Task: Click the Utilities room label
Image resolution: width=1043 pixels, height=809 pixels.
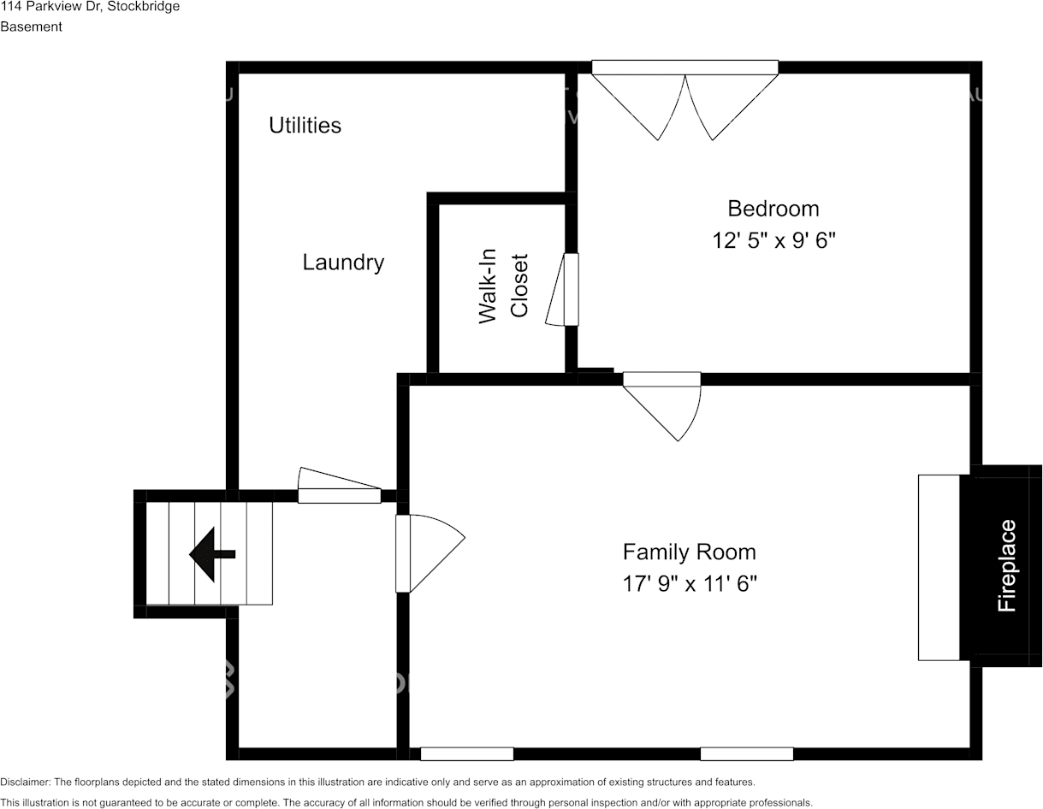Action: pyautogui.click(x=305, y=126)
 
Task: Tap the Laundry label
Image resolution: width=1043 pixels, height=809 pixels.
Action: pyautogui.click(x=343, y=263)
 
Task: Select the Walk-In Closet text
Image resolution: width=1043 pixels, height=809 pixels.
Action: pyautogui.click(x=503, y=286)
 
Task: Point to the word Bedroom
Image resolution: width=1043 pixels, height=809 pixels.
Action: pyautogui.click(x=773, y=209)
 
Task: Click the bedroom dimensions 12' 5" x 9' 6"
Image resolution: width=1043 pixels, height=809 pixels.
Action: pyautogui.click(x=773, y=240)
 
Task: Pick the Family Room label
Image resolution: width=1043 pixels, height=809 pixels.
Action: pyautogui.click(x=690, y=552)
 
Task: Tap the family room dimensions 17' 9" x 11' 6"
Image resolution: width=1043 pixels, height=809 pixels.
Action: pyautogui.click(x=690, y=584)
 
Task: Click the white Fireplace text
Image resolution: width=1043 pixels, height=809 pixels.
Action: pyautogui.click(x=1006, y=566)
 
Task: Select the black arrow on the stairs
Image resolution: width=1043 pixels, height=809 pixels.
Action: pyautogui.click(x=212, y=554)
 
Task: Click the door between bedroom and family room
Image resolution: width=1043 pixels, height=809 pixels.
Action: pyautogui.click(x=662, y=405)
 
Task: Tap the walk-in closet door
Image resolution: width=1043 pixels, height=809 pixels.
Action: pyautogui.click(x=562, y=290)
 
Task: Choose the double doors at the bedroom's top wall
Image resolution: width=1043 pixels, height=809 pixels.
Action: pyautogui.click(x=685, y=100)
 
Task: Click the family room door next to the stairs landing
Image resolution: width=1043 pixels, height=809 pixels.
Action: pyautogui.click(x=430, y=553)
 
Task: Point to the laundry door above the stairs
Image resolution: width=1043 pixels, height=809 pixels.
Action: pyautogui.click(x=340, y=485)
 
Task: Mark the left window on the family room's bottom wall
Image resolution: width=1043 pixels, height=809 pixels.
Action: pyautogui.click(x=467, y=754)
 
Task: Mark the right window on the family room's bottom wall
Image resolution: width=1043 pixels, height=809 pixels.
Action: pyautogui.click(x=746, y=754)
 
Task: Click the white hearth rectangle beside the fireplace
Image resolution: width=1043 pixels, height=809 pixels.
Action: pyautogui.click(x=939, y=568)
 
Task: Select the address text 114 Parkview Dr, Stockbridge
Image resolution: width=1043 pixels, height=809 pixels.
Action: pyautogui.click(x=90, y=7)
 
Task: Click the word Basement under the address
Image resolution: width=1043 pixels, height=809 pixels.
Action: pyautogui.click(x=31, y=27)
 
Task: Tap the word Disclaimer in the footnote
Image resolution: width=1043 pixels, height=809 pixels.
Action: pyautogui.click(x=26, y=782)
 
